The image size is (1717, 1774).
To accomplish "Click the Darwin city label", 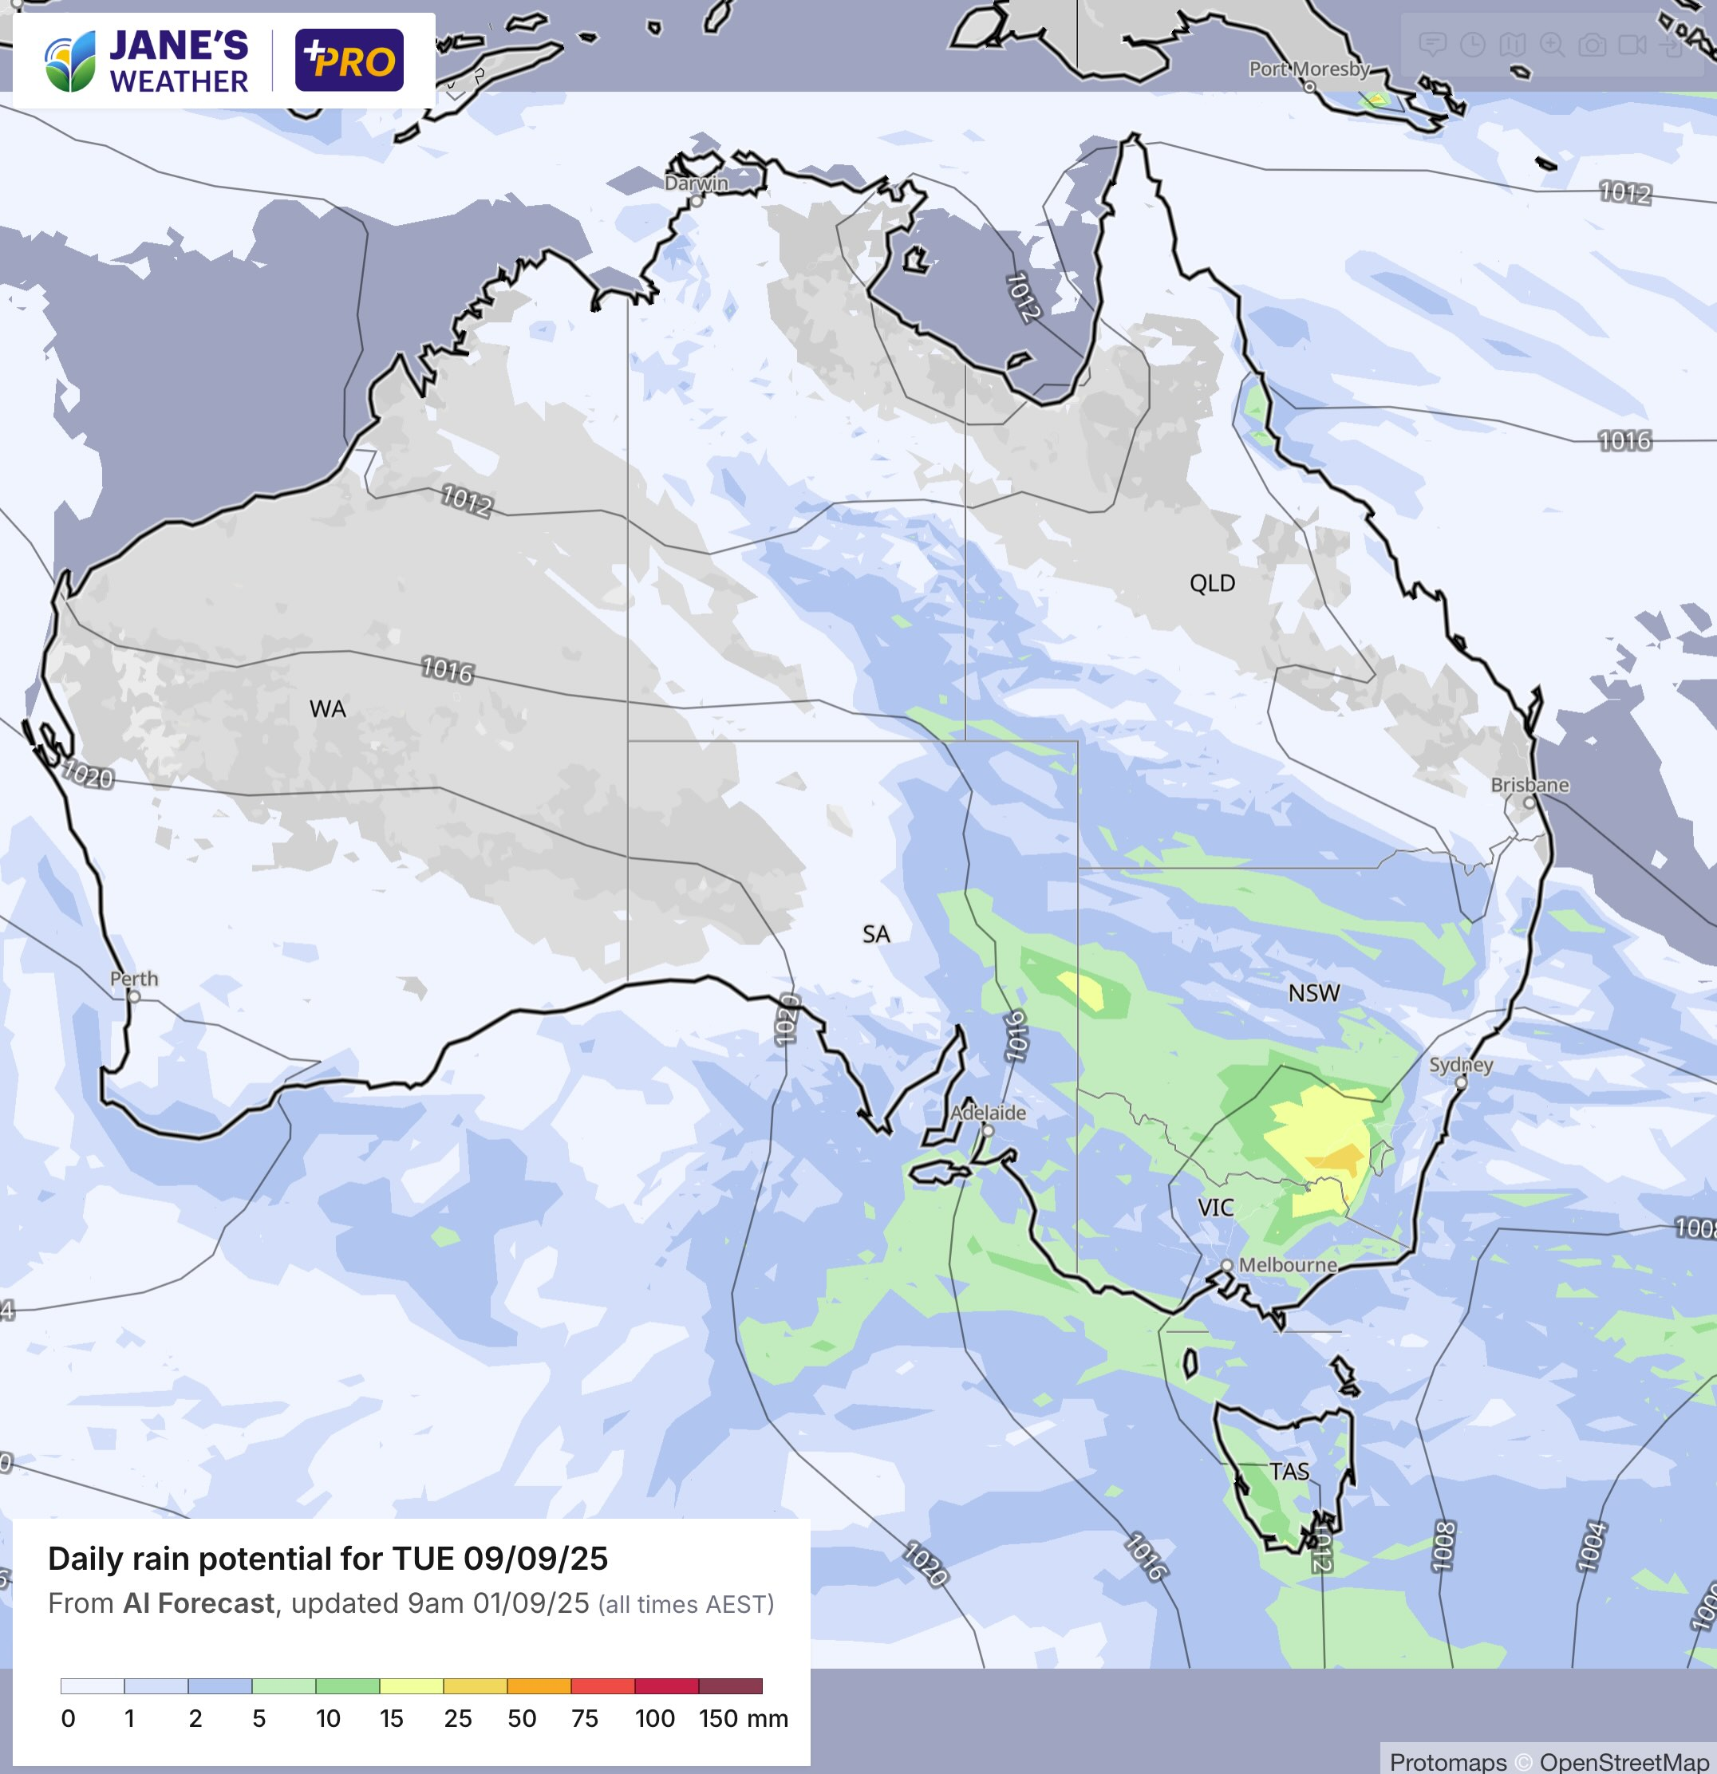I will coord(696,183).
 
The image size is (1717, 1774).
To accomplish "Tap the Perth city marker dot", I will coord(134,996).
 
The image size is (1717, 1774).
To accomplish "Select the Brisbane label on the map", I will coord(1530,785).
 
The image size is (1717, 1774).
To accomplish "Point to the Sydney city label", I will coord(1461,1064).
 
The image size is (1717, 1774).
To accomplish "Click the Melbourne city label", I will coord(1287,1264).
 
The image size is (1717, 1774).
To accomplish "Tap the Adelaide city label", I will coord(988,1113).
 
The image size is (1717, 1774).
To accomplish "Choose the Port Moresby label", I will coord(1308,69).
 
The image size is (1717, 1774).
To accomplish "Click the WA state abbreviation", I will coord(328,708).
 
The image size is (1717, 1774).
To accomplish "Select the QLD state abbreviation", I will coord(1212,583).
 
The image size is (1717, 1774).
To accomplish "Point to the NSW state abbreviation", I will coord(1313,993).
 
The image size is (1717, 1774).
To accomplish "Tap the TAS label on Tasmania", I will coord(1289,1471).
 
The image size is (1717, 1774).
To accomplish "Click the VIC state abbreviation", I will coord(1214,1208).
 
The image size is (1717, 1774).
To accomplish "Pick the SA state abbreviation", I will coord(875,934).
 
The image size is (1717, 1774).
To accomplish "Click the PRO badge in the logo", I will coord(349,61).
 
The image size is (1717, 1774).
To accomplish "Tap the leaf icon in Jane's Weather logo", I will coord(69,61).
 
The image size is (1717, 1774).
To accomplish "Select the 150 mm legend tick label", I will coord(743,1718).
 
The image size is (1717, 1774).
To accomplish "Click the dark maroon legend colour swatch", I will coord(729,1685).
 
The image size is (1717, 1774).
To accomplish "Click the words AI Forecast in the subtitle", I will coord(198,1604).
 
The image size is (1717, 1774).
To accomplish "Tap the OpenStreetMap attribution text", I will coord(1623,1761).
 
